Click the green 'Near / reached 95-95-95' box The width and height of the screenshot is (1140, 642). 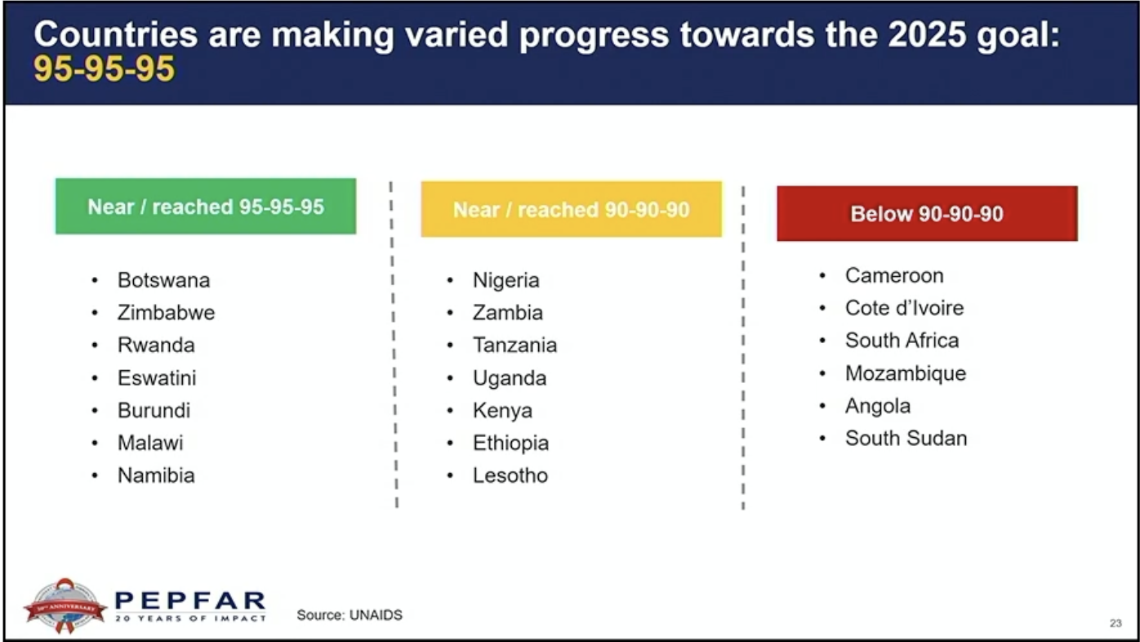point(206,206)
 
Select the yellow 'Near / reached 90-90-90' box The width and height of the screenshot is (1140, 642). point(571,209)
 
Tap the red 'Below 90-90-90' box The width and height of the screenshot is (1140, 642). point(927,213)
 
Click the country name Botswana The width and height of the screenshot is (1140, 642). point(163,280)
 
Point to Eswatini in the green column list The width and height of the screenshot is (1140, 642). point(157,377)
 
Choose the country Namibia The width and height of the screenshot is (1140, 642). point(156,475)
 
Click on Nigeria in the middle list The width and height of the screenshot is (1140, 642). point(505,280)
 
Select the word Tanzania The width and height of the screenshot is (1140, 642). point(514,346)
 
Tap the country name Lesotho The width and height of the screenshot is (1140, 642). point(510,475)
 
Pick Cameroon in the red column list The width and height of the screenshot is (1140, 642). point(894,275)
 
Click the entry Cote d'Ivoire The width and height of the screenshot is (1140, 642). point(904,308)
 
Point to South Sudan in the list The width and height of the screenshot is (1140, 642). point(906,439)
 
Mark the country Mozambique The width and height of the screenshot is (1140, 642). point(906,374)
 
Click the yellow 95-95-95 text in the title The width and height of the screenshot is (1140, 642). point(105,69)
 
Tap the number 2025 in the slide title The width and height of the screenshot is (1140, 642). point(927,34)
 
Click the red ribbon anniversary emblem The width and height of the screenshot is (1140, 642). point(65,606)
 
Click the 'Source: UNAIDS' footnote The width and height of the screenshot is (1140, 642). point(350,615)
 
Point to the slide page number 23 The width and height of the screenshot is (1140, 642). point(1116,623)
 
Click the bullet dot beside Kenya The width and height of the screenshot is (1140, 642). point(450,410)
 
